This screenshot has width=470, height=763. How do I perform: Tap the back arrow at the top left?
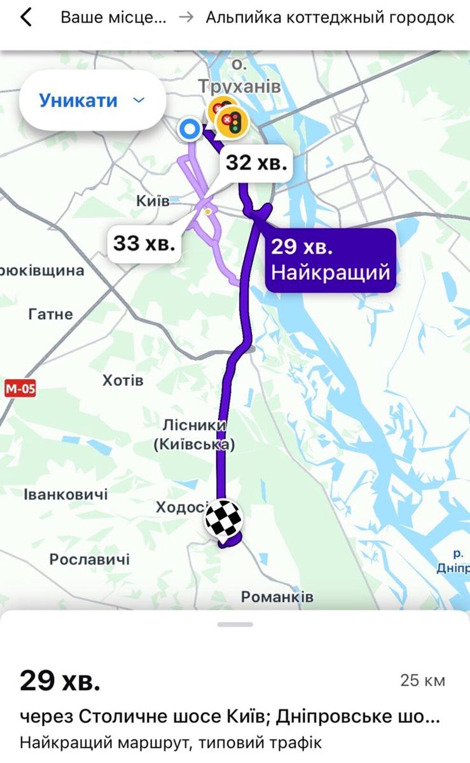click(x=25, y=18)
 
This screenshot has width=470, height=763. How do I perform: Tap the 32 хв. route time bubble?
click(x=256, y=163)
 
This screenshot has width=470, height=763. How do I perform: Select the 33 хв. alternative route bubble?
click(x=144, y=242)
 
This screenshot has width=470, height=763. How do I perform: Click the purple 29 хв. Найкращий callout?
click(x=330, y=259)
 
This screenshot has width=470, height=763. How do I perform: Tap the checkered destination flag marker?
click(x=223, y=519)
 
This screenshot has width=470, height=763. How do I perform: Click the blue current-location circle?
click(x=189, y=130)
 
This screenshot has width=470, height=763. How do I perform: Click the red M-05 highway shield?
click(x=20, y=388)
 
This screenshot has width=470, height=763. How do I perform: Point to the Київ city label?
click(x=153, y=201)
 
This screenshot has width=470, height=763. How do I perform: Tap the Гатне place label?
click(x=51, y=314)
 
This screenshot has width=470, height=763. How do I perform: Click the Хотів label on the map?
click(x=123, y=381)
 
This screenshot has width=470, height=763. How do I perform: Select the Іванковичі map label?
click(x=66, y=494)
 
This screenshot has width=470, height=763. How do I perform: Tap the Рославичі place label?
click(x=90, y=559)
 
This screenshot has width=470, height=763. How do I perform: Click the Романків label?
click(x=277, y=597)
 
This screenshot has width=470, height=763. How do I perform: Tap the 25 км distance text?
click(x=422, y=680)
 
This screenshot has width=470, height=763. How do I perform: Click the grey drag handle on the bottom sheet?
click(x=235, y=624)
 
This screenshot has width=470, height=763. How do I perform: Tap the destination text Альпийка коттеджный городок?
click(x=330, y=18)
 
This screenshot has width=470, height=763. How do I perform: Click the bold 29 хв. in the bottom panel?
click(x=60, y=680)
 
